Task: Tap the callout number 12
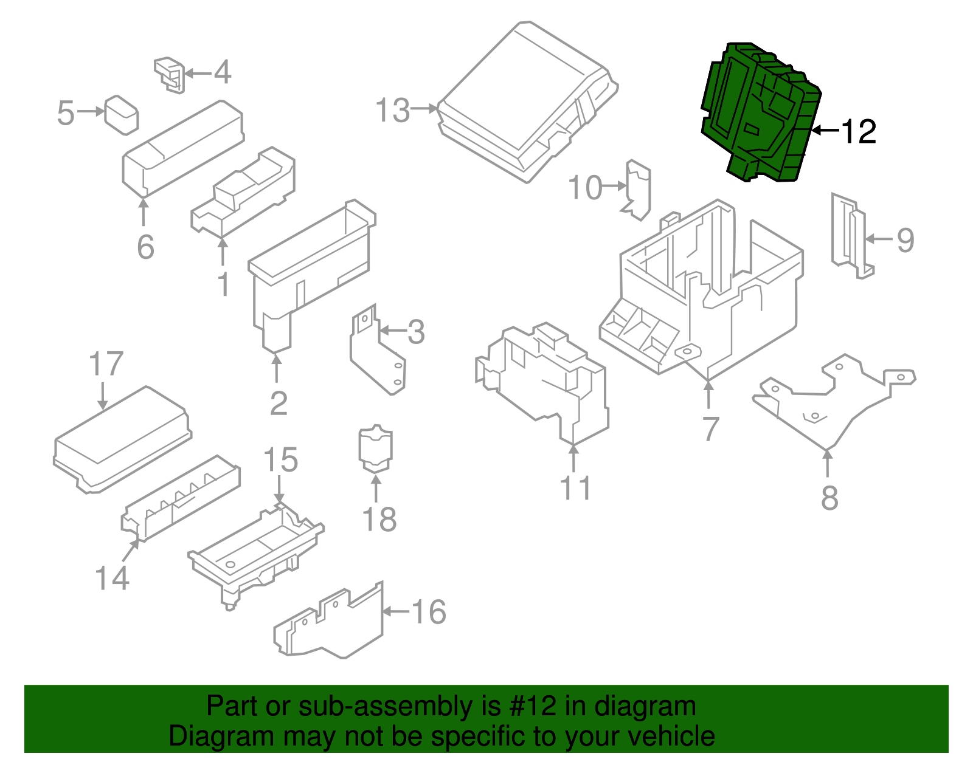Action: [x=858, y=132]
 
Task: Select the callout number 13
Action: [x=393, y=111]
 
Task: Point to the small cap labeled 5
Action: [x=121, y=115]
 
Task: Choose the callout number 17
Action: [x=106, y=365]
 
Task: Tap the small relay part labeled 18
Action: [x=376, y=450]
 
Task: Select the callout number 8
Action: [x=829, y=498]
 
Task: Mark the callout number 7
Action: [x=710, y=429]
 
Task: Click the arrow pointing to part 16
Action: [x=395, y=611]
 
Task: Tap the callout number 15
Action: [x=280, y=460]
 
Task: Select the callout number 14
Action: [x=113, y=578]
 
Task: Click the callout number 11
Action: [x=575, y=489]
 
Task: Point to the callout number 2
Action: [x=279, y=403]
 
